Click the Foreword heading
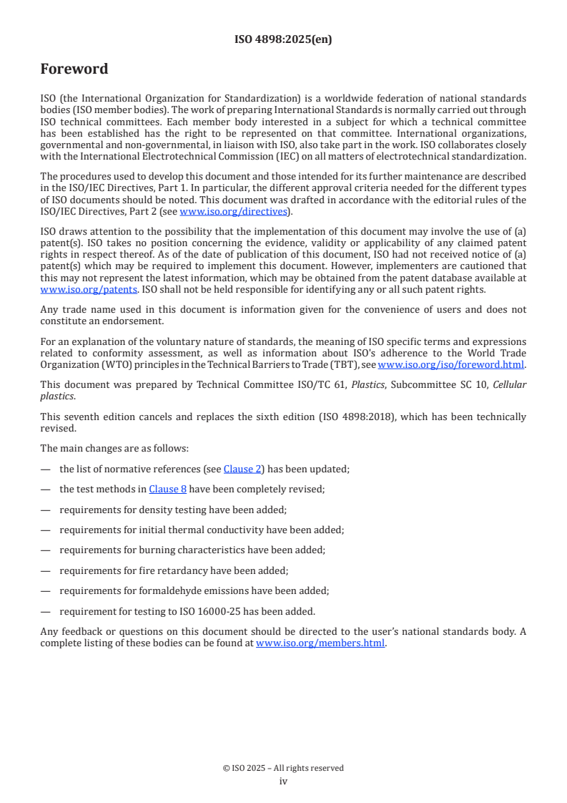coord(74,69)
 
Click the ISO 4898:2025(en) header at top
coord(283,39)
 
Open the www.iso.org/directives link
coord(233,211)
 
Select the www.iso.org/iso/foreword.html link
coord(451,364)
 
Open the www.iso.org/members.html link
coord(320,643)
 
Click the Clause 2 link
coord(242,469)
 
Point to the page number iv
coord(283,781)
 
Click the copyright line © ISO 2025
coord(283,768)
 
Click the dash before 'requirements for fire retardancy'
coord(46,570)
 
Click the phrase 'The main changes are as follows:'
coord(114,448)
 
